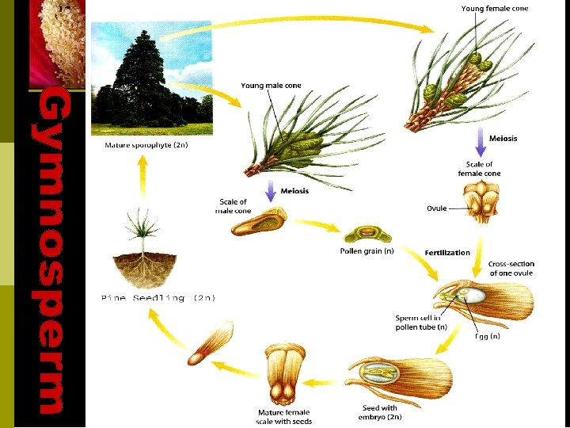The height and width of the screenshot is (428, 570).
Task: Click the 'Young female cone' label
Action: (494, 9)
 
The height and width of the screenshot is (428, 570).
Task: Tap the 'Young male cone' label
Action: (271, 86)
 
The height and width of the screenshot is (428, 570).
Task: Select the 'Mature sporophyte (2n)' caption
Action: (146, 146)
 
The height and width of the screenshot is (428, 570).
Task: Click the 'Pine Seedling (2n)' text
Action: (158, 298)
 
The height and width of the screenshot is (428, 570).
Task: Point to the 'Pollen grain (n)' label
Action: (367, 252)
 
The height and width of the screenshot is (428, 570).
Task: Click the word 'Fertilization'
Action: (447, 253)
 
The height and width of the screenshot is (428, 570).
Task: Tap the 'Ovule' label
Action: (437, 208)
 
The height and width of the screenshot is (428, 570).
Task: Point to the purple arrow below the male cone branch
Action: (270, 190)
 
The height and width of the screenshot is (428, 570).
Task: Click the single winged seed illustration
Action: (209, 343)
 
